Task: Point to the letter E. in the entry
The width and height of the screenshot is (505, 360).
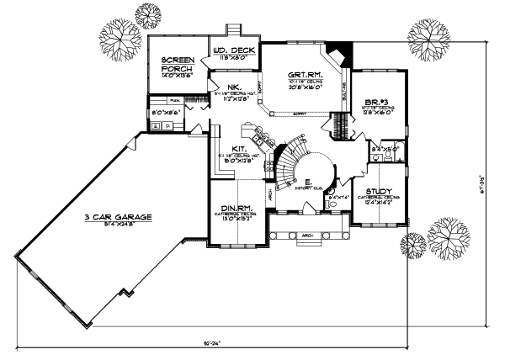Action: pos(309,181)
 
